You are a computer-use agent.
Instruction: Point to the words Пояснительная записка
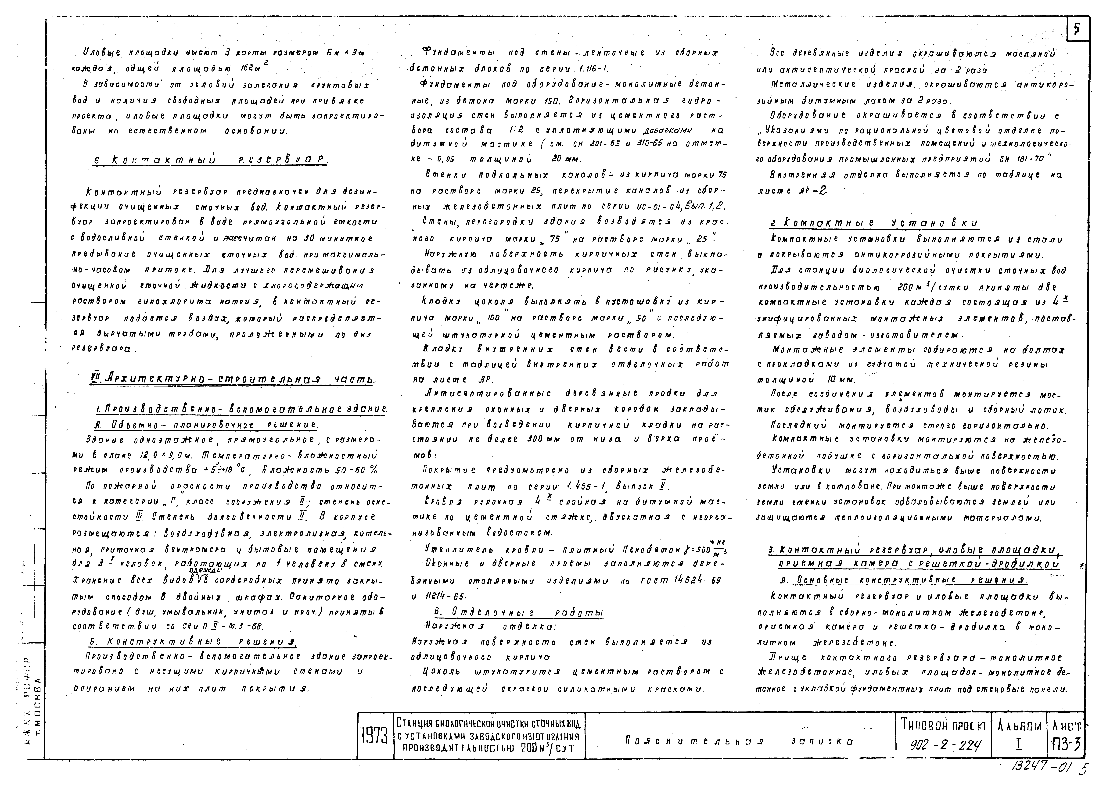coord(739,741)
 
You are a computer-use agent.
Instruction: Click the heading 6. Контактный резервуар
coord(209,160)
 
